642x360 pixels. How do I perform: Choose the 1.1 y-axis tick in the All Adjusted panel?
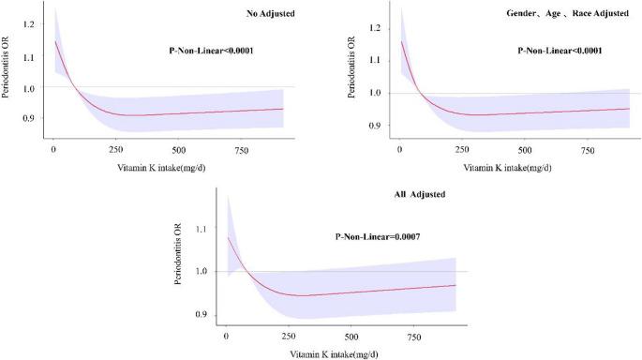200,229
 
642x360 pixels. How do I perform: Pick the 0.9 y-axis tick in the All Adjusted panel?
200,315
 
